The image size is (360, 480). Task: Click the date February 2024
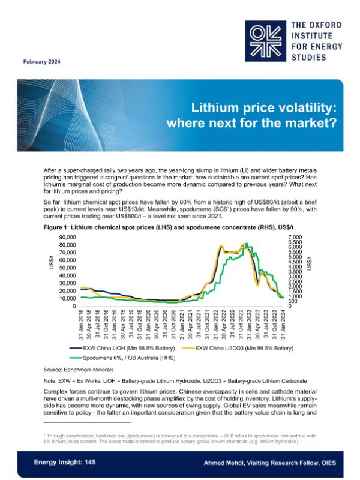coord(41,62)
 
